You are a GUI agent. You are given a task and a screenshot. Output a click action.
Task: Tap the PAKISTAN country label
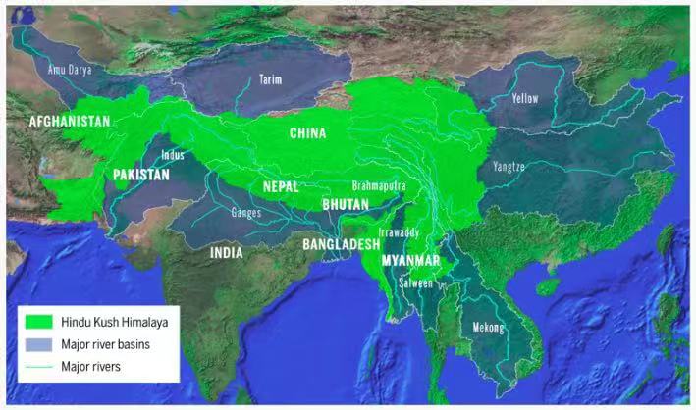point(140,175)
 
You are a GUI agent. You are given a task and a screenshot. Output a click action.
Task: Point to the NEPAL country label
point(280,185)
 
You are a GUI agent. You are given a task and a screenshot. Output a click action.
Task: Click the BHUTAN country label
point(345,204)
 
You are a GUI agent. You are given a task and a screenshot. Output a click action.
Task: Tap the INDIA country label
point(226,252)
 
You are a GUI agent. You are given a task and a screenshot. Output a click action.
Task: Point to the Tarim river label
point(270,79)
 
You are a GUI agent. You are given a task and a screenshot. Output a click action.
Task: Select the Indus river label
point(172,154)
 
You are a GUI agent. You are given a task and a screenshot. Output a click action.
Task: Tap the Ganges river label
point(244,211)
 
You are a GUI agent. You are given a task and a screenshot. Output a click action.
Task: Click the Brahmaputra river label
point(379,184)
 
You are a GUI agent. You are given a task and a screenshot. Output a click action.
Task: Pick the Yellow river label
point(526,99)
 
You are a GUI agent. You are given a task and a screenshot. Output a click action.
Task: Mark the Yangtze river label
point(509,167)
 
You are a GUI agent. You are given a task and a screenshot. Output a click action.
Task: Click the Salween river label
point(415,282)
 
